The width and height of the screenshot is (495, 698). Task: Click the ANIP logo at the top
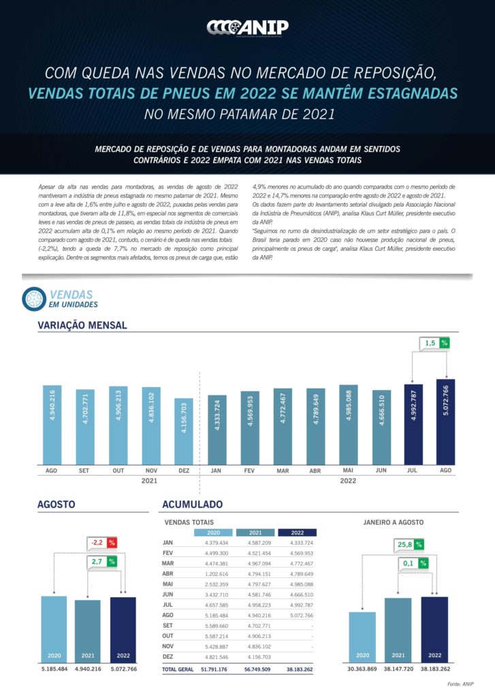pos(247,27)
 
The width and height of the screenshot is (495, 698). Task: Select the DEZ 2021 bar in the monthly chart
pos(184,430)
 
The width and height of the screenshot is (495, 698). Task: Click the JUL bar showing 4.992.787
pos(413,423)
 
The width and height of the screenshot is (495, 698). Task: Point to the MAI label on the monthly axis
pos(349,470)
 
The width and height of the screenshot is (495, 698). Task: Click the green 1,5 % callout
pos(435,343)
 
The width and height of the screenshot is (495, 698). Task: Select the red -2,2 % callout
pos(103,543)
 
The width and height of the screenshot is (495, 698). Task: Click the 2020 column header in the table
pos(213,532)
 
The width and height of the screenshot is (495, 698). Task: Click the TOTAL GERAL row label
pos(178,669)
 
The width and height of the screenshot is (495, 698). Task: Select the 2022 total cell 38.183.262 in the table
pos(298,669)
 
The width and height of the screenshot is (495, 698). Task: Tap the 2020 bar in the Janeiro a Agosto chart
pos(362,638)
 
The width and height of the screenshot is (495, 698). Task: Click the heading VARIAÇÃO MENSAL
pos(82,325)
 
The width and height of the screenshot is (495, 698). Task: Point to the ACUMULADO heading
pos(192,504)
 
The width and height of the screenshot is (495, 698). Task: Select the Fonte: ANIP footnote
pos(461,683)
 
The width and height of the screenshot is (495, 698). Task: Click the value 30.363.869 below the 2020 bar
pos(362,669)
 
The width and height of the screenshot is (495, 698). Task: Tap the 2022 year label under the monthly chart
pos(348,481)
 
